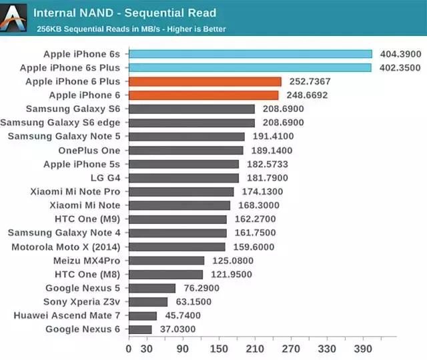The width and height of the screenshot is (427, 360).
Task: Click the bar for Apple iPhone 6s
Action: point(250,54)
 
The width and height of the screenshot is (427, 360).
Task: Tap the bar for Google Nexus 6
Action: point(140,329)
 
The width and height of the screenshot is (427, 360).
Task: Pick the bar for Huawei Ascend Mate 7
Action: point(143,315)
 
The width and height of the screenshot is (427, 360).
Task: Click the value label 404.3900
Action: point(400,54)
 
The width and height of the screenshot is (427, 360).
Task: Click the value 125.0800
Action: point(232,261)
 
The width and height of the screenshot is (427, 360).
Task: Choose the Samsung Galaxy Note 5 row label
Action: point(64,137)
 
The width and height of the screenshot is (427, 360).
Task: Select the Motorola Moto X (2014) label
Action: point(66,247)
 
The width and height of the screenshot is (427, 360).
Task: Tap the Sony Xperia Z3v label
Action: point(83,301)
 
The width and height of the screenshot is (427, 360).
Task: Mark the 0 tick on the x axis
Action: point(129,349)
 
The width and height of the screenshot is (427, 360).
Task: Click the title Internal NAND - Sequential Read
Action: point(125,13)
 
